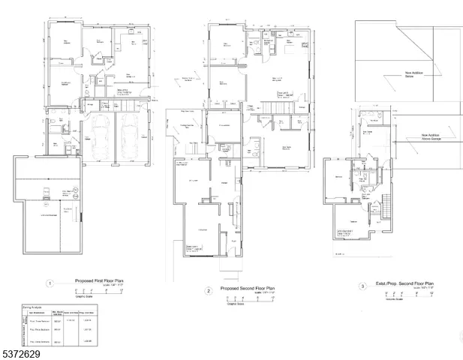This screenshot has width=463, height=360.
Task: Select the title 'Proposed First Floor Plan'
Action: [x=99, y=282]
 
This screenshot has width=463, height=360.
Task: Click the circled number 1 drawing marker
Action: [x=50, y=284]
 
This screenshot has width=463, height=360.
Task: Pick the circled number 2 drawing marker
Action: [x=208, y=290]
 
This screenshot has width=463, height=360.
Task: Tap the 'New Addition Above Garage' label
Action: [x=414, y=136]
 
